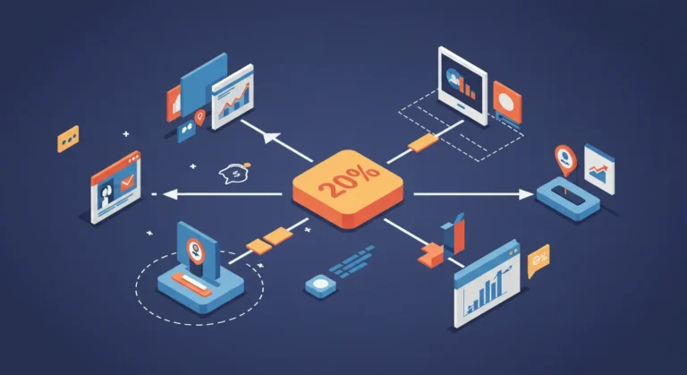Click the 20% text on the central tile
tap(349, 181)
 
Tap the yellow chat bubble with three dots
tap(68, 139)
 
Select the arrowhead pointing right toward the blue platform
tap(526, 194)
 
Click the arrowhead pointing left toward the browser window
tap(171, 194)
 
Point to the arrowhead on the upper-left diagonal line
tap(271, 138)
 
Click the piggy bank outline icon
tap(235, 174)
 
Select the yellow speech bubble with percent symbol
tap(539, 260)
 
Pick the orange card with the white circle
tap(507, 102)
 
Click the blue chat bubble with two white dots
tap(186, 131)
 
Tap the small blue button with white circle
tap(321, 286)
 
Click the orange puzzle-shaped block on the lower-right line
tap(430, 255)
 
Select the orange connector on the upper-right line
tap(423, 142)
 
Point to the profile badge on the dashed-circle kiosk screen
tap(195, 250)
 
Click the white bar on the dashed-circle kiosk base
tap(191, 283)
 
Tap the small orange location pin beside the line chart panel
tap(199, 117)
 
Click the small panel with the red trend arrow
tap(599, 169)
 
